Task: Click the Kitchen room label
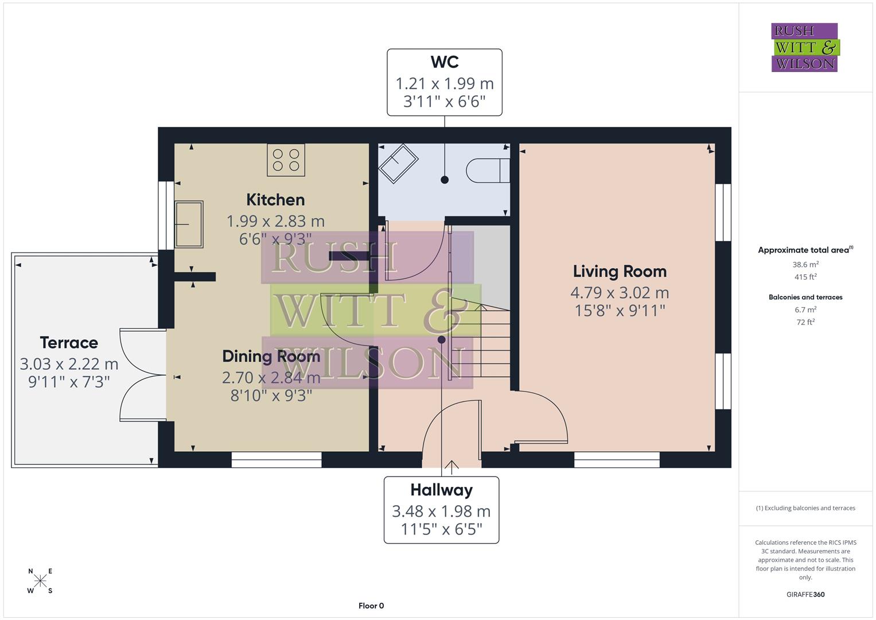point(275,200)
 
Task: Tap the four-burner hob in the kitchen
point(286,160)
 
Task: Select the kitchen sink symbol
point(189,224)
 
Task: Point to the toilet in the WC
point(488,170)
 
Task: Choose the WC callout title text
point(445,62)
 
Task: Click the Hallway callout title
point(441,490)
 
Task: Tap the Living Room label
point(620,272)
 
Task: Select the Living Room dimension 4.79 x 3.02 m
point(620,293)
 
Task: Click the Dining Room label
point(271,356)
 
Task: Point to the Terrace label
point(69,343)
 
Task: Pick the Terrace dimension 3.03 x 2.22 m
point(69,364)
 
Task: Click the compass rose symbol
point(40,581)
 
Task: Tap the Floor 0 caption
point(371,606)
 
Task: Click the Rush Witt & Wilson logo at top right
point(804,48)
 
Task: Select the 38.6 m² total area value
point(805,265)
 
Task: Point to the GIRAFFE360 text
point(805,594)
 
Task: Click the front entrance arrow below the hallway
point(452,467)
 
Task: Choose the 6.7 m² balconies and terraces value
point(805,310)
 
